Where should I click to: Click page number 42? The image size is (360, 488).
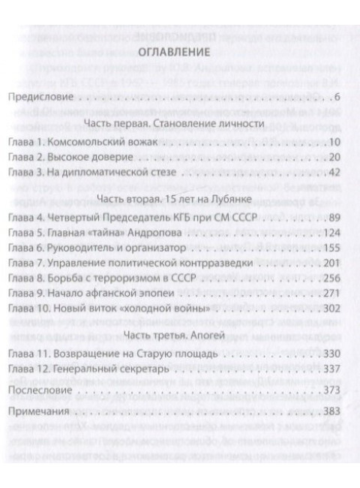pyautogui.click(x=335, y=173)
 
